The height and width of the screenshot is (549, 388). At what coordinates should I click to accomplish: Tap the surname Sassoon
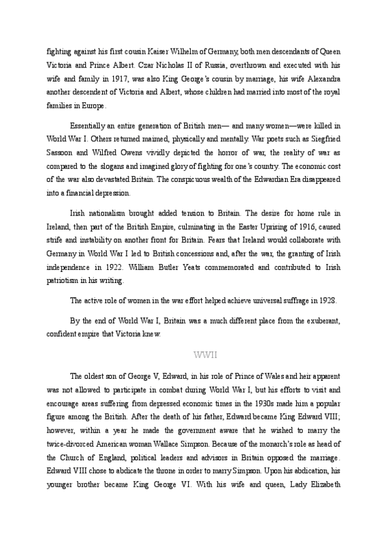[60, 151]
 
